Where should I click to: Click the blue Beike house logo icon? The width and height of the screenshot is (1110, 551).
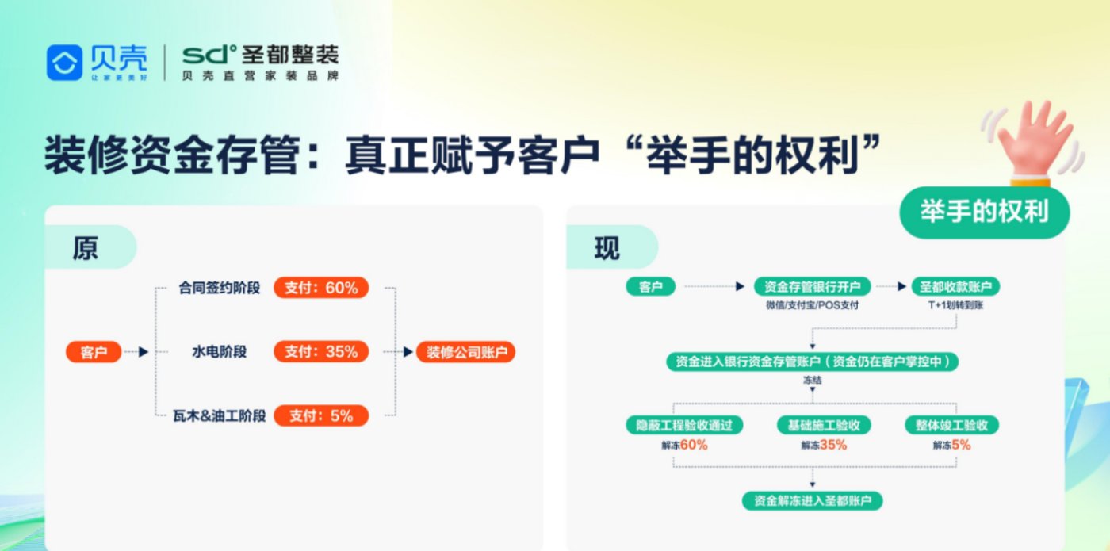[64, 63]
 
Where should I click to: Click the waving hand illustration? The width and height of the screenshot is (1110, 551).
[1033, 142]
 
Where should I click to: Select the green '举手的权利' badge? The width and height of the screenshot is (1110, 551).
[985, 212]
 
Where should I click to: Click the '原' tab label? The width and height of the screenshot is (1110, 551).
[86, 247]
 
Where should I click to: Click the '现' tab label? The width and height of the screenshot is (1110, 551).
[607, 247]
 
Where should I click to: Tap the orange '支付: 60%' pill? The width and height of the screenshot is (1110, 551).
[321, 288]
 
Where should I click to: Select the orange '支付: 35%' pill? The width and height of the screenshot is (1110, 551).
[321, 352]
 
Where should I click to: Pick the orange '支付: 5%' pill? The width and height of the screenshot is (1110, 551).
[321, 415]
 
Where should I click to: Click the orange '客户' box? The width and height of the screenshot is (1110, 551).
[94, 352]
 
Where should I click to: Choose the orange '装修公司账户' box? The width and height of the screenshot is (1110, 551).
[466, 352]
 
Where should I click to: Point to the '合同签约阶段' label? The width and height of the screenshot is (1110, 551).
[220, 288]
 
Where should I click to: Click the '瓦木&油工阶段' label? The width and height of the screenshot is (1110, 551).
[220, 415]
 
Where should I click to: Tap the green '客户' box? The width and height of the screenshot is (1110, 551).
[651, 287]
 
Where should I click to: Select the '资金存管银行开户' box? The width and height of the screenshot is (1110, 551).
[812, 287]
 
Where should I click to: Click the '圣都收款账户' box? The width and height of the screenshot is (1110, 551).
[955, 287]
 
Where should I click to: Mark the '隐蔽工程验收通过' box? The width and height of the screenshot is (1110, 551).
[684, 425]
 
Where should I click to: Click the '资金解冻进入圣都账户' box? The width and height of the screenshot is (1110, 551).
[812, 501]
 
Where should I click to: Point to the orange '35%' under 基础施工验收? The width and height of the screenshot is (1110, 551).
[833, 445]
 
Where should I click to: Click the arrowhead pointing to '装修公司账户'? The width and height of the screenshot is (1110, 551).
[408, 352]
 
